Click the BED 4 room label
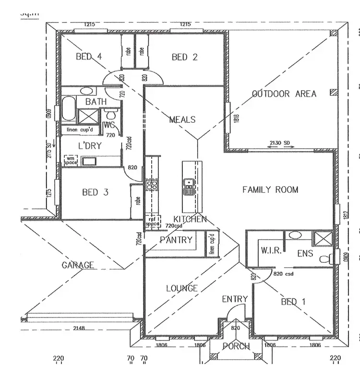click(89, 57)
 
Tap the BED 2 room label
click(185, 57)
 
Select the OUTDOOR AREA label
click(284, 94)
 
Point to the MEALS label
click(182, 119)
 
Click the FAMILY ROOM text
click(270, 189)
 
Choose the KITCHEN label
click(190, 219)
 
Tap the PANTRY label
click(176, 239)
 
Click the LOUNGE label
click(182, 288)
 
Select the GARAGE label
click(78, 265)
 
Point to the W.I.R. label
click(270, 250)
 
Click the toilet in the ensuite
click(326, 259)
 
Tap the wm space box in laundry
click(71, 160)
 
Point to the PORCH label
click(236, 346)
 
